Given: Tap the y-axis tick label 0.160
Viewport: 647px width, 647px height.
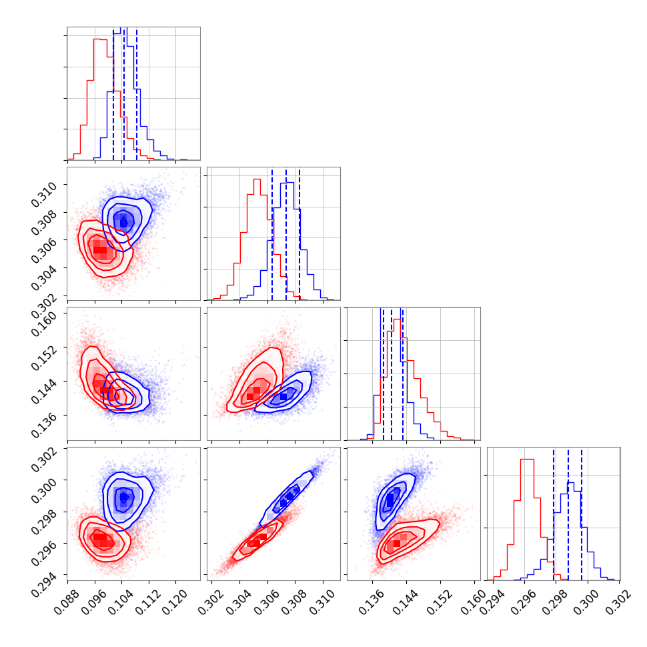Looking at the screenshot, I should [47, 315].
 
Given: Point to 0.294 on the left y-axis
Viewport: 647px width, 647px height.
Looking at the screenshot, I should [47, 575].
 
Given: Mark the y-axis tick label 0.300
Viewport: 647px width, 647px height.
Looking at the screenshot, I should [47, 480].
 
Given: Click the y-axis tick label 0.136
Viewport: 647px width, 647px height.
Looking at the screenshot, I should [47, 416].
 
